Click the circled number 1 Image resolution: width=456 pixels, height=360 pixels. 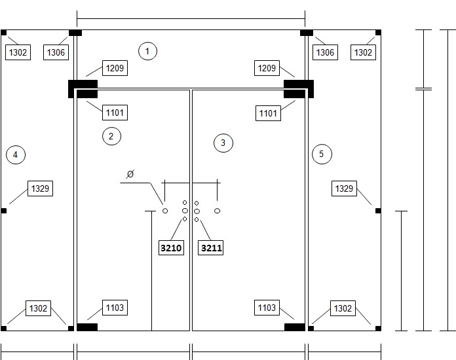click(x=147, y=51)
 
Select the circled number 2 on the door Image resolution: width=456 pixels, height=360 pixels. click(x=111, y=136)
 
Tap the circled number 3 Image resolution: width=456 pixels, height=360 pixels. click(x=223, y=143)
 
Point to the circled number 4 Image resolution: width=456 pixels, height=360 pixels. click(x=16, y=154)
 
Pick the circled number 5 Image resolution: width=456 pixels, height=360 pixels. click(x=322, y=154)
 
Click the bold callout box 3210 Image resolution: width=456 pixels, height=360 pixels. click(x=171, y=248)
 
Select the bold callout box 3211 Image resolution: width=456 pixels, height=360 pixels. click(x=210, y=248)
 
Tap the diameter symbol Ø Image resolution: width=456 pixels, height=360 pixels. click(x=130, y=174)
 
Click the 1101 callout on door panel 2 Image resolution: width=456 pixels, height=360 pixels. click(x=115, y=113)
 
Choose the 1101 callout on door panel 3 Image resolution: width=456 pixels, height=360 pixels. click(x=268, y=113)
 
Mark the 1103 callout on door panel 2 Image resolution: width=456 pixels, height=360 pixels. click(x=115, y=308)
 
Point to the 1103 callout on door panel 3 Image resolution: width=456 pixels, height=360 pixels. click(x=267, y=308)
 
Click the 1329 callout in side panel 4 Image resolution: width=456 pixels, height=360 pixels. click(x=40, y=189)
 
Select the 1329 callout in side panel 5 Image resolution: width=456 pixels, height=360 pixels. click(x=344, y=189)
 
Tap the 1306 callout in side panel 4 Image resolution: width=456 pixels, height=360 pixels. click(x=56, y=52)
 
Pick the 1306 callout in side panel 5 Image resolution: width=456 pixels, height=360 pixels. click(x=325, y=52)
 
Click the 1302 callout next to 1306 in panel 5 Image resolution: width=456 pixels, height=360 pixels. click(x=363, y=52)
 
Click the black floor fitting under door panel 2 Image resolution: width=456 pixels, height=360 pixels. click(x=87, y=327)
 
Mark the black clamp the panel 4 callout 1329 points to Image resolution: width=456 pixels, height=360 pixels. click(x=3, y=211)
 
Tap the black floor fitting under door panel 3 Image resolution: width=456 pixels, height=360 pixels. click(x=295, y=327)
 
